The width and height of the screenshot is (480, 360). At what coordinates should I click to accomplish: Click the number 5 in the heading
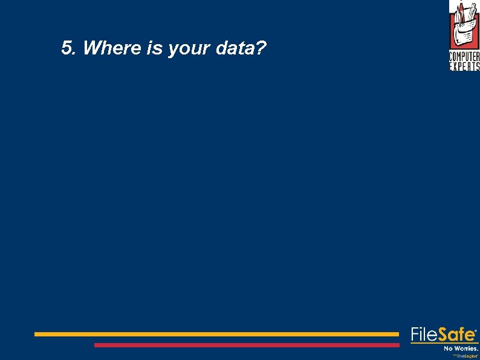click(66, 48)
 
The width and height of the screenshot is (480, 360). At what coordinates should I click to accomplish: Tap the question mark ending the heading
click(261, 48)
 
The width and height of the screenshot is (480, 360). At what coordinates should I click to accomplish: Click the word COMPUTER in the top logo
click(464, 57)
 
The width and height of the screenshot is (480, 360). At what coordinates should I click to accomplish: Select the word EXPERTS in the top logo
click(464, 67)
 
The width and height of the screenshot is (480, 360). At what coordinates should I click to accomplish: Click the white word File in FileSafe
click(424, 335)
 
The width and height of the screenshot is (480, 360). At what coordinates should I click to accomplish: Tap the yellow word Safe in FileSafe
click(456, 335)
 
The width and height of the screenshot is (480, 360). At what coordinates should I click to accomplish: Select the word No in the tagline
click(449, 349)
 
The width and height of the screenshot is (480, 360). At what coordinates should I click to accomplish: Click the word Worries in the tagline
click(466, 349)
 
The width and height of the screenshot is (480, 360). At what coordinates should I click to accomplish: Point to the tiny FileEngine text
click(466, 356)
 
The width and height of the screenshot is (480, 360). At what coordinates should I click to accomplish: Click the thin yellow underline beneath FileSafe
click(444, 343)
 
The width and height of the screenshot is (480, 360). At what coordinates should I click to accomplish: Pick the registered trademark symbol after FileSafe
click(477, 331)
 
